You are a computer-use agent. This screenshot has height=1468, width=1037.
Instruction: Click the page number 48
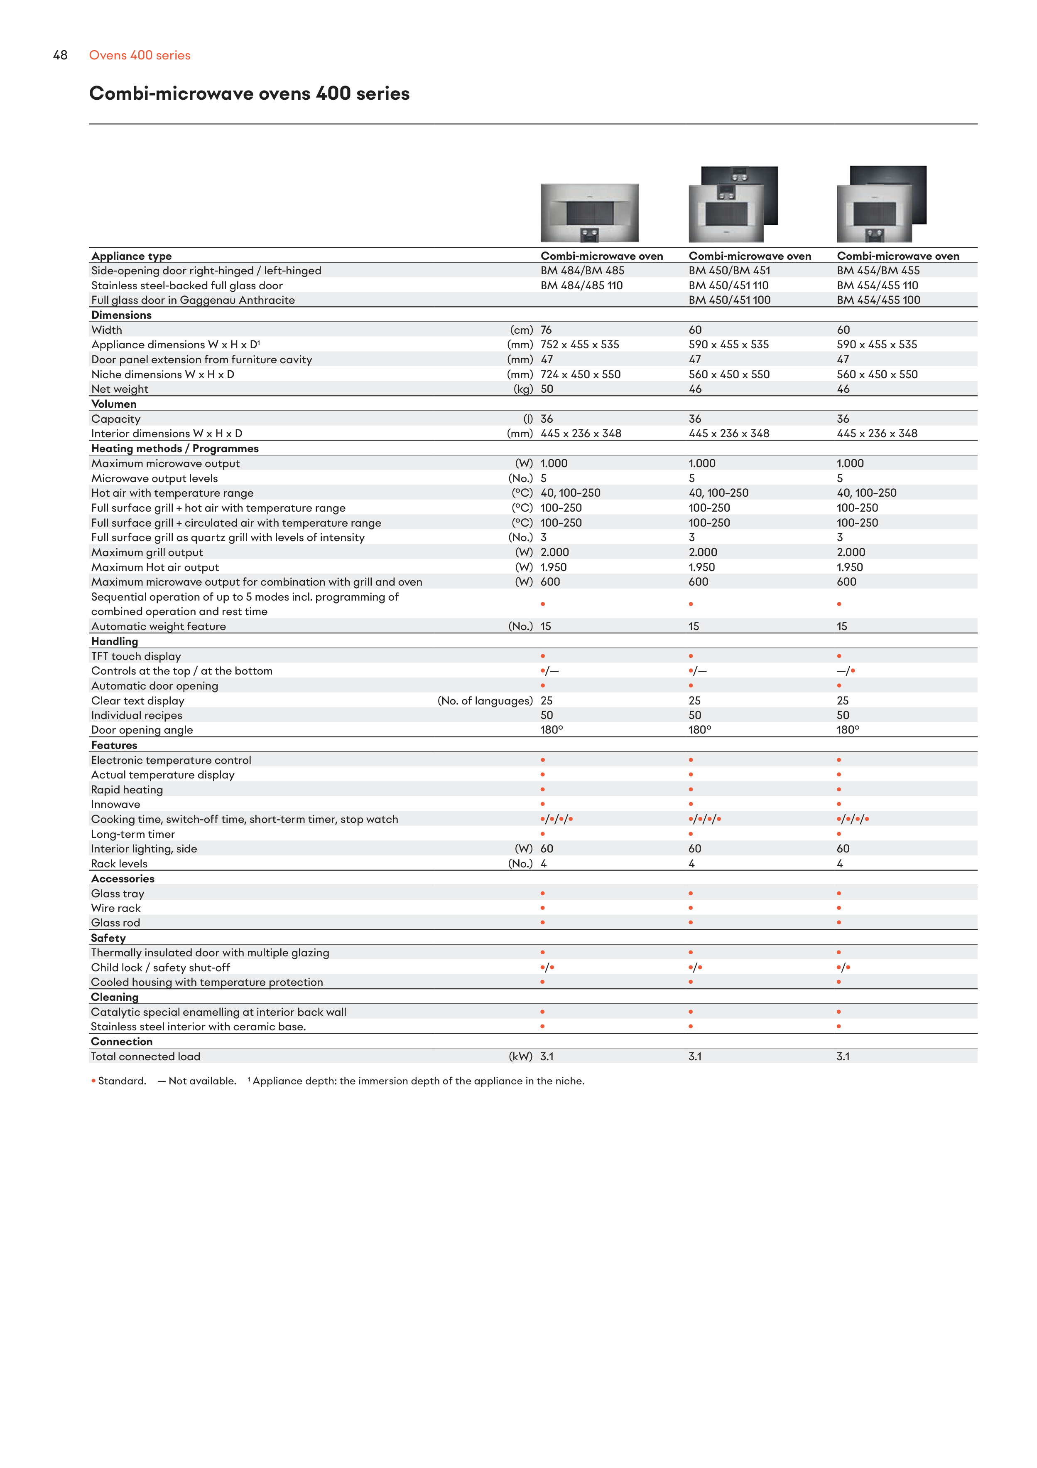click(60, 55)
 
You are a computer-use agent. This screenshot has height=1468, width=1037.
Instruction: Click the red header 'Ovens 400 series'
click(139, 55)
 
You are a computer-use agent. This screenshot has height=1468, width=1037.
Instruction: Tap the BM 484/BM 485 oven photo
click(589, 212)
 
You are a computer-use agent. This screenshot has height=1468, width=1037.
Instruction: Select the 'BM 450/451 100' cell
click(729, 300)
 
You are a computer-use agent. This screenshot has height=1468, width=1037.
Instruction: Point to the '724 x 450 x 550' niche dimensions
click(580, 374)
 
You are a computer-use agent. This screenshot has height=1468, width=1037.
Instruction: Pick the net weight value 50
click(547, 389)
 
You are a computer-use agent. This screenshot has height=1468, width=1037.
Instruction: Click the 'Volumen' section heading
click(114, 404)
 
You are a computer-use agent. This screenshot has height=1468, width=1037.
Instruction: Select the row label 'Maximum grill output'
click(147, 552)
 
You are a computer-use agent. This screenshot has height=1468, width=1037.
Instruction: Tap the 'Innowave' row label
click(115, 804)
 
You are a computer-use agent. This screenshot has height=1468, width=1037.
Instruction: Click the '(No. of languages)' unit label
click(485, 701)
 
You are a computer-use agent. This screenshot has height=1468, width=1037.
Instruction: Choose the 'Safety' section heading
click(108, 938)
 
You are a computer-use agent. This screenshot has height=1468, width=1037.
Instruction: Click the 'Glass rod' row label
click(115, 923)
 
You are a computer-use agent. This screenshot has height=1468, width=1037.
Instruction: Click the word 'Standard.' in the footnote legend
click(122, 1081)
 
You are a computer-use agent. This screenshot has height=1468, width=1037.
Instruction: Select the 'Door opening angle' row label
click(142, 730)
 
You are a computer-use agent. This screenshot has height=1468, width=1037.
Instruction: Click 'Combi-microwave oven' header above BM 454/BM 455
click(898, 256)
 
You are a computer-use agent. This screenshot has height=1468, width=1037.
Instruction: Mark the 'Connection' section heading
click(121, 1042)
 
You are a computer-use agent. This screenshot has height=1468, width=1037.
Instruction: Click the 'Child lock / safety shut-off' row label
click(160, 967)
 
